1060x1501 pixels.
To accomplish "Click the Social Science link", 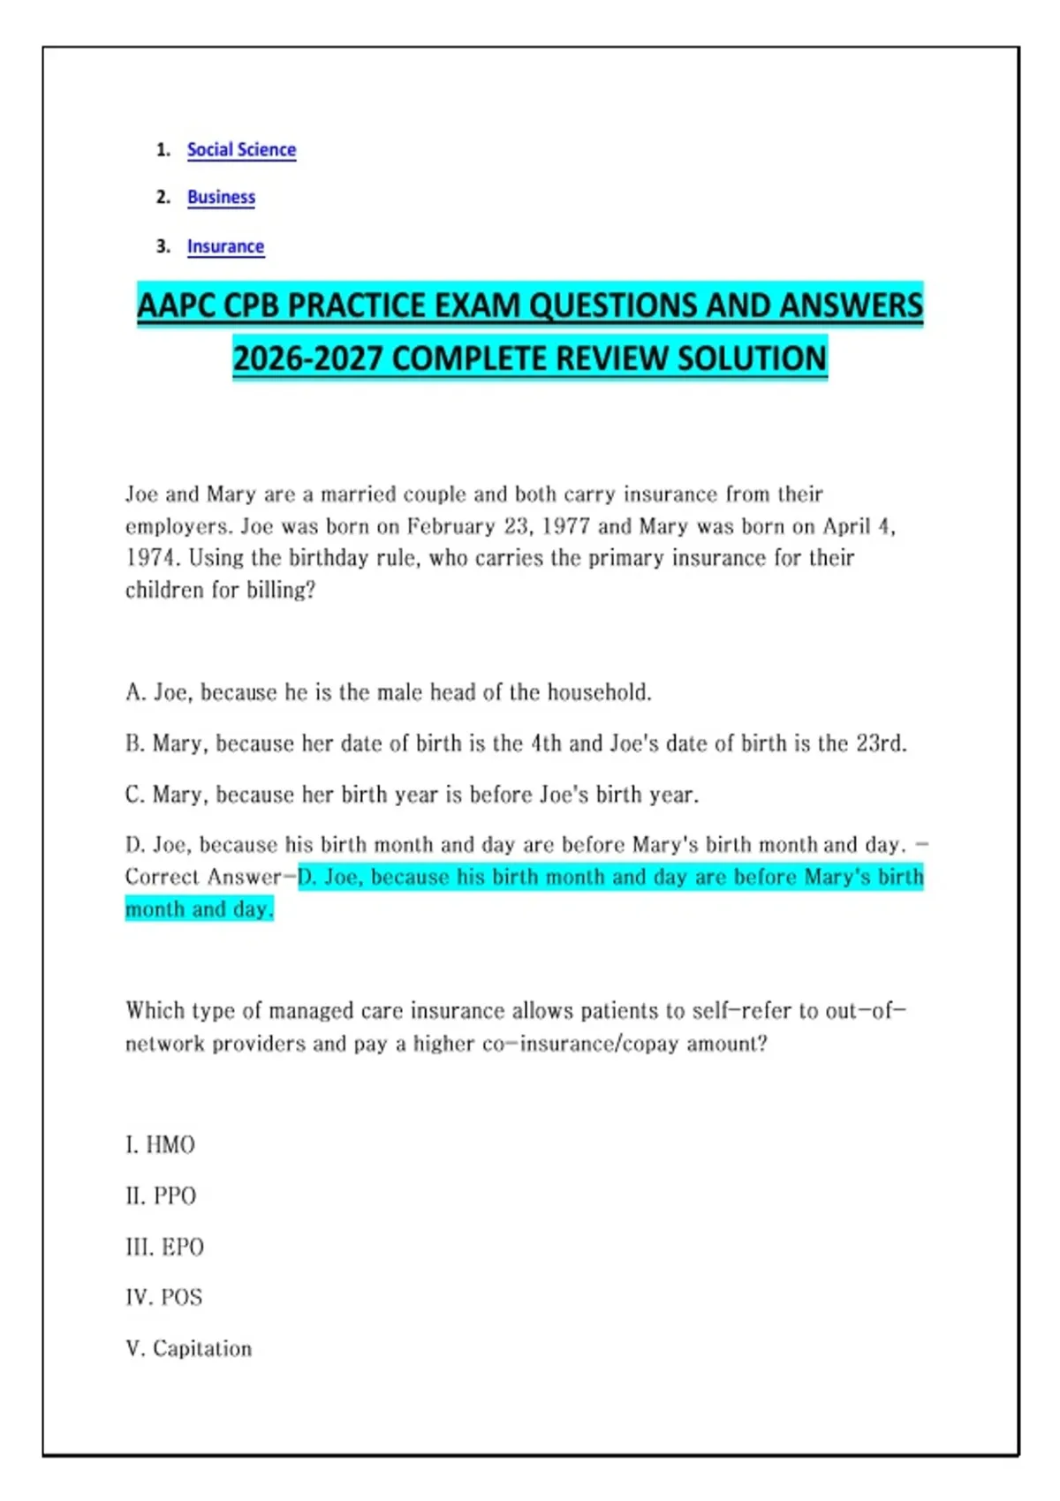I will [x=241, y=150].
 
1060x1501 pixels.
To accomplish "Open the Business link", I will [x=221, y=197].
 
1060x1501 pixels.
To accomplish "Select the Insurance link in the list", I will [x=225, y=246].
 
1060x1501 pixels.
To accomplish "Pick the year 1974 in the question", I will [x=152, y=558].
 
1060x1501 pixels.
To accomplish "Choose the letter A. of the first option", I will [x=135, y=692].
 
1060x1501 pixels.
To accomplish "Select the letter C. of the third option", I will [x=135, y=795].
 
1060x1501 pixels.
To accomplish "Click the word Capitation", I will [x=202, y=1348].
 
